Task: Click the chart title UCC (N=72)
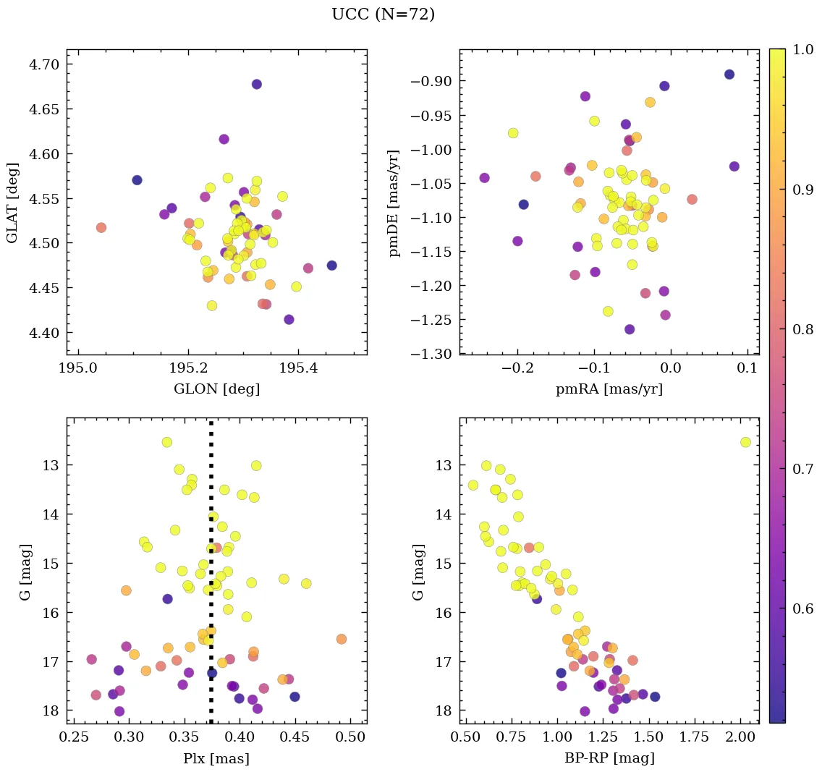click(383, 14)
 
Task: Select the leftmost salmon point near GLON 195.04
click(101, 227)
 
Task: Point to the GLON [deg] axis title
click(216, 389)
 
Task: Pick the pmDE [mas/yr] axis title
click(394, 203)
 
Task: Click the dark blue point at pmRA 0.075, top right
click(729, 75)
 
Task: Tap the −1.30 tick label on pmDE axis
click(431, 354)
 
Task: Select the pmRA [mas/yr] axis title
click(609, 389)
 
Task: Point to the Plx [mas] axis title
click(216, 758)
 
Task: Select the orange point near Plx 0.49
click(342, 639)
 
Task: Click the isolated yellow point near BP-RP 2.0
click(745, 442)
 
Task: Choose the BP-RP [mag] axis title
click(609, 758)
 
